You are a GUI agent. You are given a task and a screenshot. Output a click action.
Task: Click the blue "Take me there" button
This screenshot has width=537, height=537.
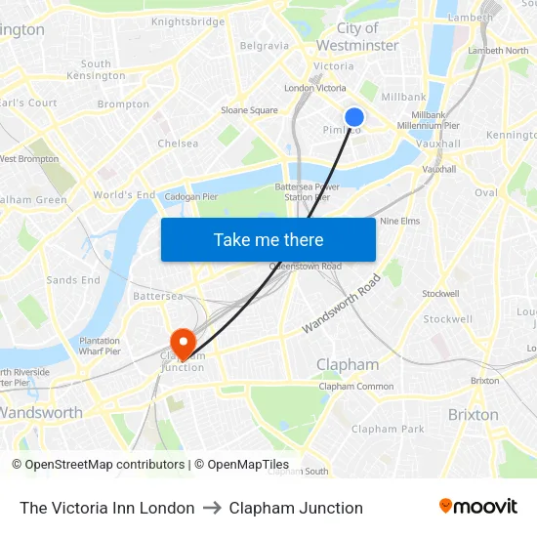[268, 239]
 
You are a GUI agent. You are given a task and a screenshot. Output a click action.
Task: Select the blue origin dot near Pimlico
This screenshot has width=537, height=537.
[354, 117]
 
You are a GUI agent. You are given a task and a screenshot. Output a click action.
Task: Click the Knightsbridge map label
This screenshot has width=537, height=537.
[187, 21]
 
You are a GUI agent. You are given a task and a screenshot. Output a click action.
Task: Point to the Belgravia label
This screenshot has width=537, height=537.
[264, 46]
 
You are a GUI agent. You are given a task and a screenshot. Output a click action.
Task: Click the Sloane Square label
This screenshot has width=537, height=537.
[249, 110]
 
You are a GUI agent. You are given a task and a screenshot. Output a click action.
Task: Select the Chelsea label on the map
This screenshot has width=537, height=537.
[178, 144]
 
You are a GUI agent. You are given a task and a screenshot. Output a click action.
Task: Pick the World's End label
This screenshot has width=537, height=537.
[124, 195]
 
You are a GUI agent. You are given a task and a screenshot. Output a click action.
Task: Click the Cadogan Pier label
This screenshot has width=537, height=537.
[192, 195]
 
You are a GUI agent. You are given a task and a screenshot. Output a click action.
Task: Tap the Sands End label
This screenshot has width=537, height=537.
[73, 280]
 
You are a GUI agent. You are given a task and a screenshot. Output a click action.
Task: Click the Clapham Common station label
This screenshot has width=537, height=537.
[356, 387]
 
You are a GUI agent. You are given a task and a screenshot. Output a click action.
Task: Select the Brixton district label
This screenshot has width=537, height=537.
[473, 415]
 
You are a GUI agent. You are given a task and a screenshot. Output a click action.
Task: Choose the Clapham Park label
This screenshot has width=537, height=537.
[388, 429]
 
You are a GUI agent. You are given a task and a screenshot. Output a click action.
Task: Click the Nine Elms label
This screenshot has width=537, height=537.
[399, 221]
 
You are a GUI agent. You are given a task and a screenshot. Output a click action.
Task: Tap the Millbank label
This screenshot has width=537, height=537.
[403, 98]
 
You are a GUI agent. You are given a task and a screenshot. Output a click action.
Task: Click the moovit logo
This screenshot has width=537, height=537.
[478, 507]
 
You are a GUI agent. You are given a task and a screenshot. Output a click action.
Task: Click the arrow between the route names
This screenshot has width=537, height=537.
[212, 508]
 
